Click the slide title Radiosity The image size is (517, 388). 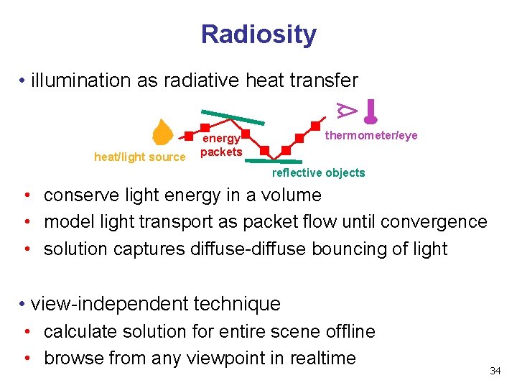tap(258, 34)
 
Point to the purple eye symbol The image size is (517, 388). tap(348, 108)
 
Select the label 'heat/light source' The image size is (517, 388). tap(139, 157)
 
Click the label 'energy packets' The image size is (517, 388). tap(221, 145)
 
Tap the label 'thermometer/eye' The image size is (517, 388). tap(371, 136)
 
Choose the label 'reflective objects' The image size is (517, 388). tap(318, 172)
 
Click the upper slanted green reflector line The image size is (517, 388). tap(232, 116)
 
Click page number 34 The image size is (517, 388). tap(495, 371)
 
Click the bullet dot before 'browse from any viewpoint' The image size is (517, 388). tap(26, 358)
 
